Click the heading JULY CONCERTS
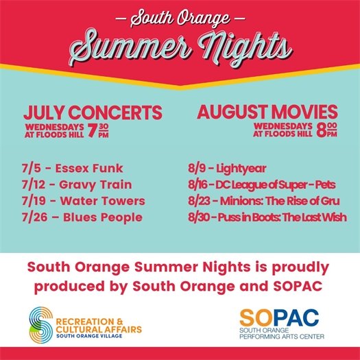[93, 113]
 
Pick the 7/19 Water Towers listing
[84, 201]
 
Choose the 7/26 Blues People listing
[83, 217]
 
